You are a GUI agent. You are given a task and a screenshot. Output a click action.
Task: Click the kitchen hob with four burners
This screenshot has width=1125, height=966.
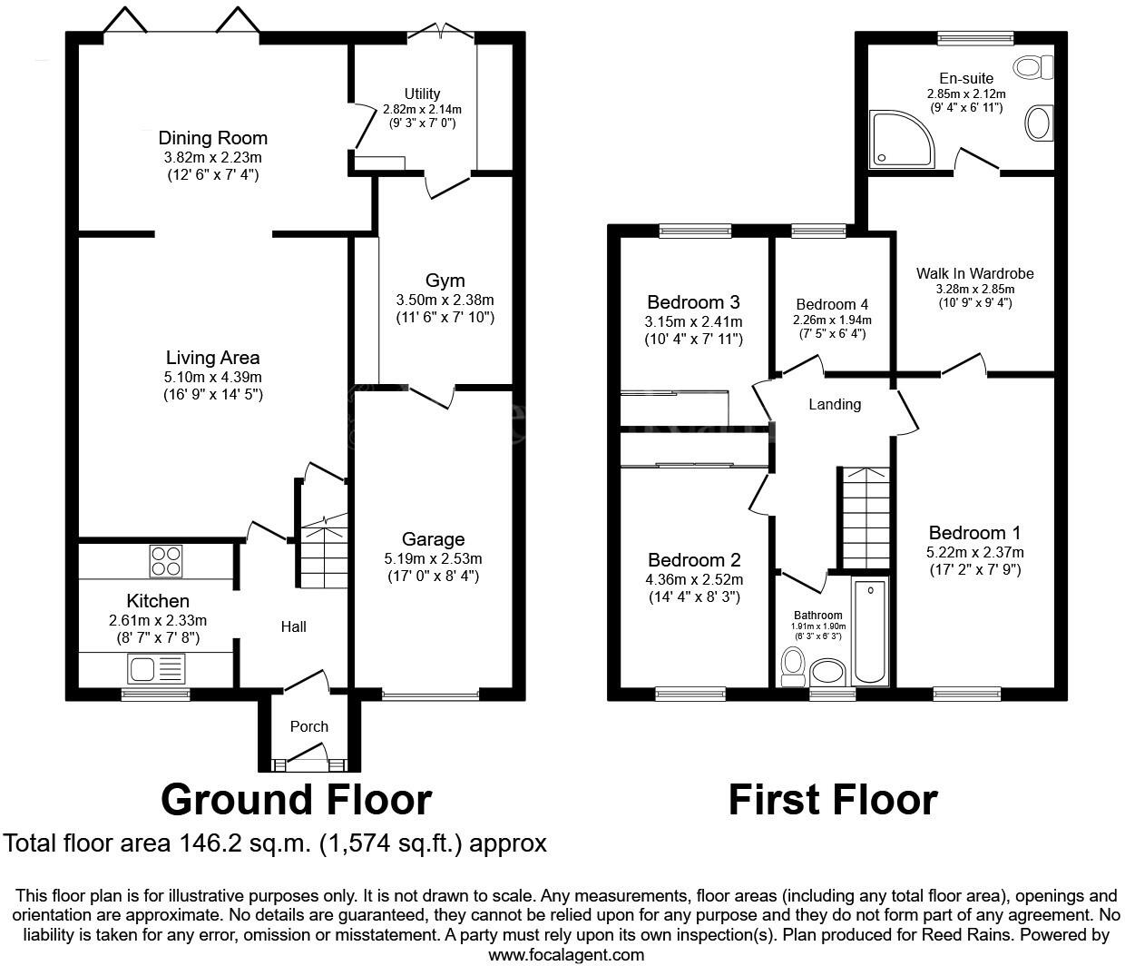pos(166,560)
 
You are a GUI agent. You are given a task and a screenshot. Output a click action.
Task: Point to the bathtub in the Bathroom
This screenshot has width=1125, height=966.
pos(869,633)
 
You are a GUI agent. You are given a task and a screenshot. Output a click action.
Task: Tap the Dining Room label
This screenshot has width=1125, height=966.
pos(212,138)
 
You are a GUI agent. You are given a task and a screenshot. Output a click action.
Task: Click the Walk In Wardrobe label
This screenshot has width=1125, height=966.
pos(974,273)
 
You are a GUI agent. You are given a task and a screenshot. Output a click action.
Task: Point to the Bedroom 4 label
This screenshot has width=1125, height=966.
pos(825,304)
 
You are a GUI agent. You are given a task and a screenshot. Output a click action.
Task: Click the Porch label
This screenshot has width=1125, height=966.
pos(308,726)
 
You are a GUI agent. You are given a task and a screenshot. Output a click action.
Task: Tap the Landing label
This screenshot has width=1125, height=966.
pos(835,404)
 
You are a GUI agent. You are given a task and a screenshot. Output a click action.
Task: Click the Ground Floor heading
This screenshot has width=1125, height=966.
pos(296,800)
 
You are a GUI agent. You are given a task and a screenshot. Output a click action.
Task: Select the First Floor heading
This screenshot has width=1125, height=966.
pos(832,800)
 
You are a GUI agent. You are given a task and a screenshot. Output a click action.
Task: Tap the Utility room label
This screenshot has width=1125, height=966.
pos(422,94)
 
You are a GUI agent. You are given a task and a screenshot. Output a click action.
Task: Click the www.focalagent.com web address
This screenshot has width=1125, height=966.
pos(566,954)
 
